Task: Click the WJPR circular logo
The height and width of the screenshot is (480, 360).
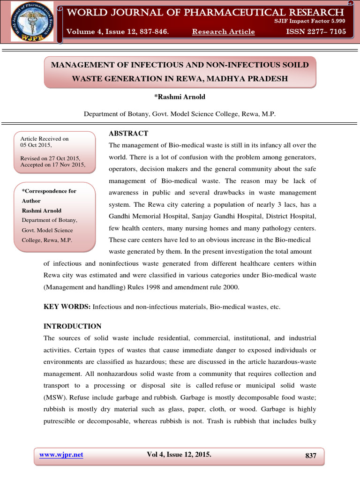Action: pos(29,22)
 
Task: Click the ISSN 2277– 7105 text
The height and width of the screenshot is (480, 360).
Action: pos(316,31)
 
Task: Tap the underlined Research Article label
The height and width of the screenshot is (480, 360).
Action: pos(224,32)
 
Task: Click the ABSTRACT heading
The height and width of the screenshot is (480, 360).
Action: pos(128,134)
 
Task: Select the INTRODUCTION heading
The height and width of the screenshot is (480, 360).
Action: pos(72,326)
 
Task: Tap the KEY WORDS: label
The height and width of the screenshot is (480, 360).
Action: pos(67,307)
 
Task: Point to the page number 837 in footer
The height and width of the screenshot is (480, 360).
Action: pos(311,456)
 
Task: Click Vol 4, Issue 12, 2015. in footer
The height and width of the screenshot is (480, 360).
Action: pos(179,455)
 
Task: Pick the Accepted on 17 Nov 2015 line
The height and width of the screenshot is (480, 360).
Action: pos(53,165)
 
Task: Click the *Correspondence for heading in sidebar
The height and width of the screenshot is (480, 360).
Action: pos(49,191)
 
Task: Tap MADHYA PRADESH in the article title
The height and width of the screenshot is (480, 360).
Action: pos(250,78)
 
